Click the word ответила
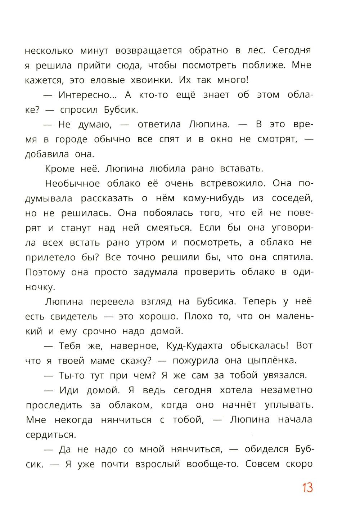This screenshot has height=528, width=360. pos(158,125)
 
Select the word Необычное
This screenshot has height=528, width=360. pos(73,184)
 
